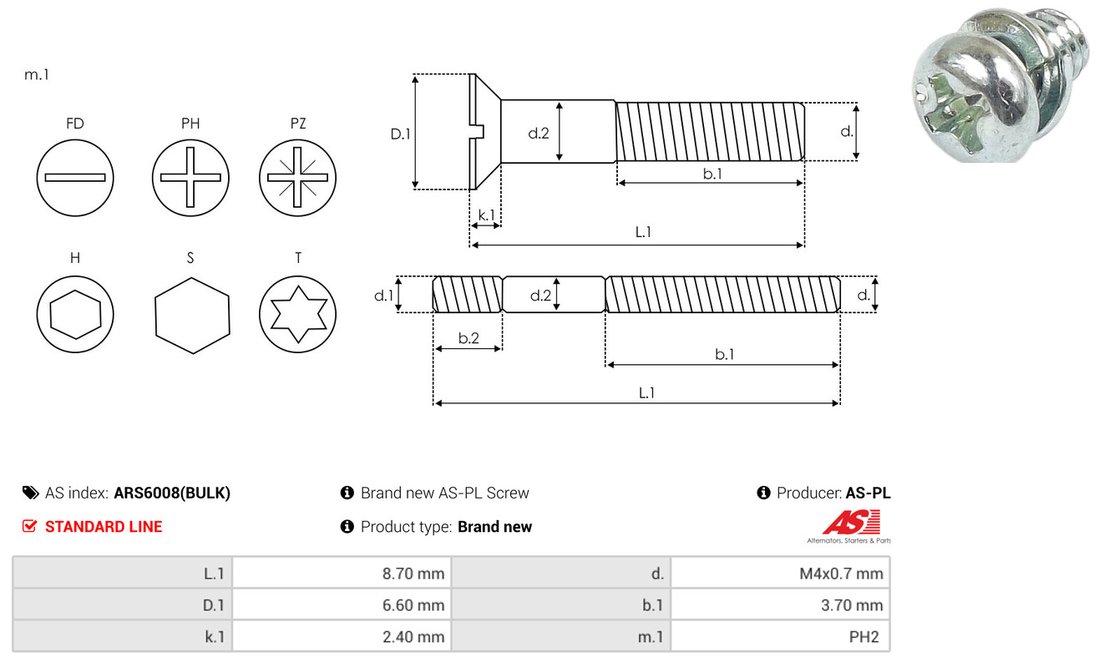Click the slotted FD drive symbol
pos(75,178)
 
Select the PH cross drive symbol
pos(190,178)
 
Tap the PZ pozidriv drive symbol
pos(297,178)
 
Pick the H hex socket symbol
pos(75,315)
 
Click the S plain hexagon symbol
pos(191,315)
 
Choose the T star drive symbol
pos(297,315)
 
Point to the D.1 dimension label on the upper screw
pos(401,133)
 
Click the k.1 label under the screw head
pos(485,215)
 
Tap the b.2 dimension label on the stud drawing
pos(468,338)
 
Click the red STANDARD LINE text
pos(104,527)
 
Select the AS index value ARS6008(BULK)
pos(172,493)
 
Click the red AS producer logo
pos(851,523)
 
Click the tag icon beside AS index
pos(30,493)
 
